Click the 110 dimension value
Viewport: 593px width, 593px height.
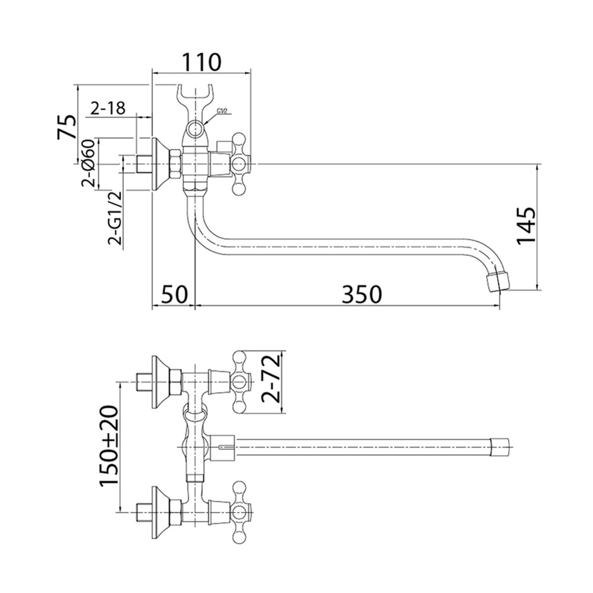[x=202, y=62]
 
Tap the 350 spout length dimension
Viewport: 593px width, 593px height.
[x=362, y=294]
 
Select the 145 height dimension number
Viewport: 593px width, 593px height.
[x=526, y=226]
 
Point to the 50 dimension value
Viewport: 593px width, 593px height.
[x=174, y=294]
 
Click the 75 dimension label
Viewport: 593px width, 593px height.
[x=66, y=127]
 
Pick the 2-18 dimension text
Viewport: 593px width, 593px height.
[x=108, y=108]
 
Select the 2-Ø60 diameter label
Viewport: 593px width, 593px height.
[x=87, y=164]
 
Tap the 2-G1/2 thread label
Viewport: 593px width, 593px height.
[x=115, y=217]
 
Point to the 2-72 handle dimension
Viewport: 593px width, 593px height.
[x=270, y=379]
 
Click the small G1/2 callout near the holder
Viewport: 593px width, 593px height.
[x=222, y=111]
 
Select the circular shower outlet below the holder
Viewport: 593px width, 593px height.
[x=195, y=128]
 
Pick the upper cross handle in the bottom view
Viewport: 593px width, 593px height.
[x=241, y=382]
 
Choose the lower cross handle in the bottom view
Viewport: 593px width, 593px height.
[x=241, y=512]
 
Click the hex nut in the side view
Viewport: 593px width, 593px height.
[x=175, y=164]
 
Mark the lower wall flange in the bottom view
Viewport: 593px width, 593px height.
[x=160, y=512]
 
